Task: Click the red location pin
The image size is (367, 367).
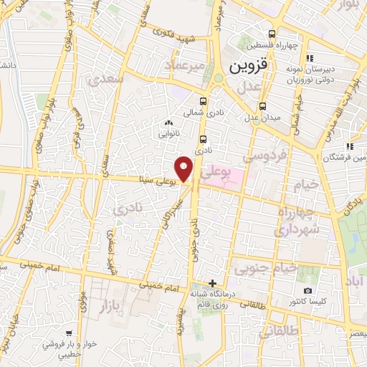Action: click(x=185, y=169)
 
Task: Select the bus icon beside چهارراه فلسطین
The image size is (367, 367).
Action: click(x=272, y=34)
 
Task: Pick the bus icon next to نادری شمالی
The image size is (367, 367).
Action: click(x=204, y=101)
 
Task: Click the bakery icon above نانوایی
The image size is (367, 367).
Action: click(x=168, y=123)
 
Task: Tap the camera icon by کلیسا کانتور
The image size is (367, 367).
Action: click(x=308, y=291)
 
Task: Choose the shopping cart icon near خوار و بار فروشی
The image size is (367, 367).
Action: click(x=68, y=333)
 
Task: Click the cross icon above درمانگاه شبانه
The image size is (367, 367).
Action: click(x=211, y=282)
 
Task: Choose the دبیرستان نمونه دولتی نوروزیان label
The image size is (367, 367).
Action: click(x=330, y=75)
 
